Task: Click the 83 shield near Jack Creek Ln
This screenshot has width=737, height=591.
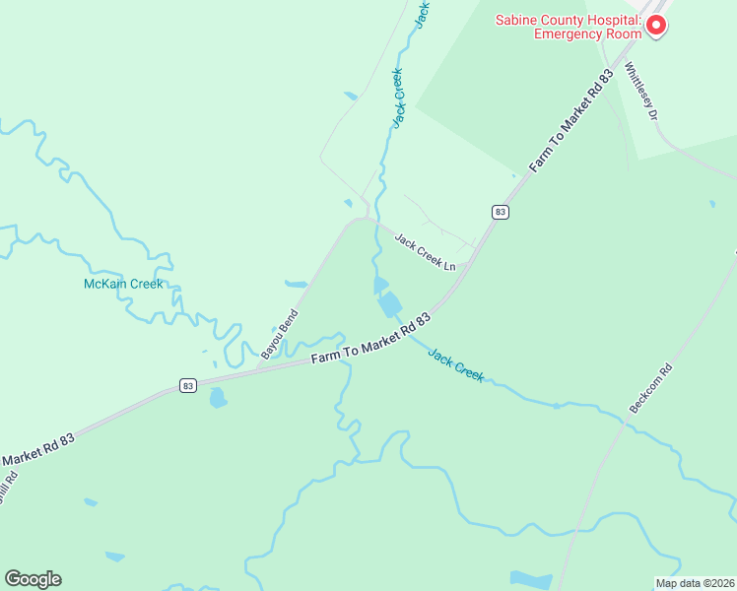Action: tap(501, 212)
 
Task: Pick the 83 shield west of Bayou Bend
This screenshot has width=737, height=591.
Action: tap(187, 385)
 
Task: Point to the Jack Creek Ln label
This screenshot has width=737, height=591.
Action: tap(426, 252)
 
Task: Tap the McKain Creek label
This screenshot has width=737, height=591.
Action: tap(123, 284)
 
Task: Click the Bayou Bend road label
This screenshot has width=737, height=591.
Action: tap(279, 333)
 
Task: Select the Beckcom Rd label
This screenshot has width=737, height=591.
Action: tap(650, 389)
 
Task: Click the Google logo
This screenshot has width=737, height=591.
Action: tap(33, 579)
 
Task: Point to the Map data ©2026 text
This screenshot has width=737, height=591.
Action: tap(694, 583)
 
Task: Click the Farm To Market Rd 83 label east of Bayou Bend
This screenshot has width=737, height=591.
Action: tap(372, 339)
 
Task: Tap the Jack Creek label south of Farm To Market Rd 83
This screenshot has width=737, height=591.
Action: tap(456, 363)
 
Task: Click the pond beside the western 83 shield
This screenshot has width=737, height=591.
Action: tap(218, 398)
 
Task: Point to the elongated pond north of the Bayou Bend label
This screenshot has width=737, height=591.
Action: tap(296, 284)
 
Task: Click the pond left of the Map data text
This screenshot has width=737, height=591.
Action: tap(531, 579)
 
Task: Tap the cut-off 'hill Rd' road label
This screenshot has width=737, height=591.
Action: tap(8, 486)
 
